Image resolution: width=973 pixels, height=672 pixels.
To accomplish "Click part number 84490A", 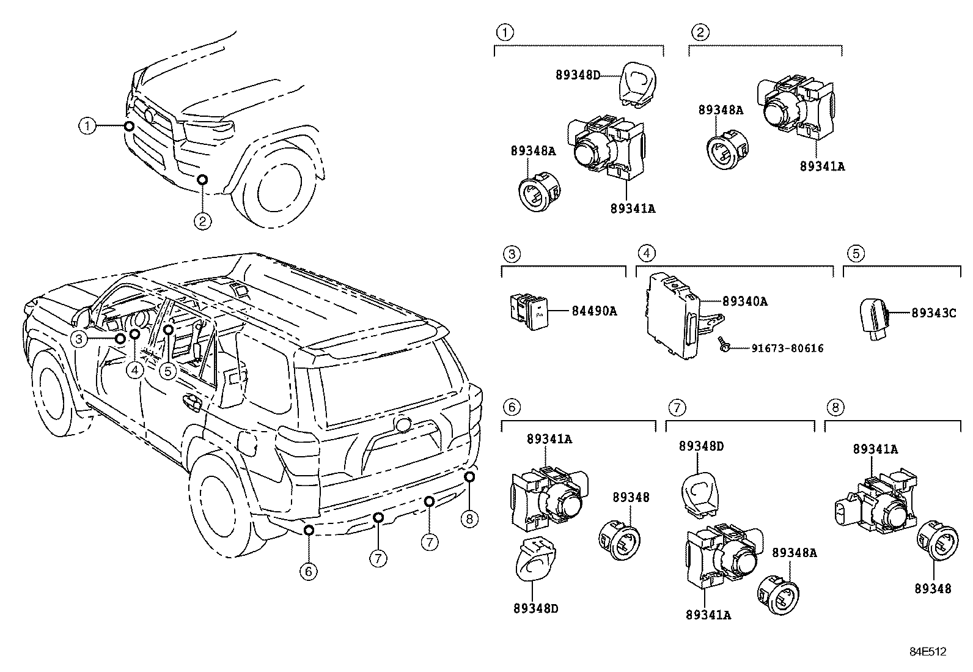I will tap(594, 311).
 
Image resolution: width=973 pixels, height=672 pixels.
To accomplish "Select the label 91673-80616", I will tap(787, 349).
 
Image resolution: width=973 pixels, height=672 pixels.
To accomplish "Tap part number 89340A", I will tap(744, 301).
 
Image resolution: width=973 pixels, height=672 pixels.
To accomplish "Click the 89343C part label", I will tap(933, 312).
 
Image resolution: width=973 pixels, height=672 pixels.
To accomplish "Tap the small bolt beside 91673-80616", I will tap(724, 347).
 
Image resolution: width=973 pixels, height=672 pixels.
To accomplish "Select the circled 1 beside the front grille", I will tap(88, 127).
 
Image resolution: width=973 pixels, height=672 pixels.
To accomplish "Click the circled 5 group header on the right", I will tap(856, 253).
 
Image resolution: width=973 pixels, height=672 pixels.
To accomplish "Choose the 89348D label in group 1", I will tap(578, 75).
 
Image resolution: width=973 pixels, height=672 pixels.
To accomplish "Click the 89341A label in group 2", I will tap(822, 166).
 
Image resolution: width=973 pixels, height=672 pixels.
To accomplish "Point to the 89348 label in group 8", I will tap(933, 589).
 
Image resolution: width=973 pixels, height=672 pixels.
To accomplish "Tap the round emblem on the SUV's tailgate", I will tap(403, 424).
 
